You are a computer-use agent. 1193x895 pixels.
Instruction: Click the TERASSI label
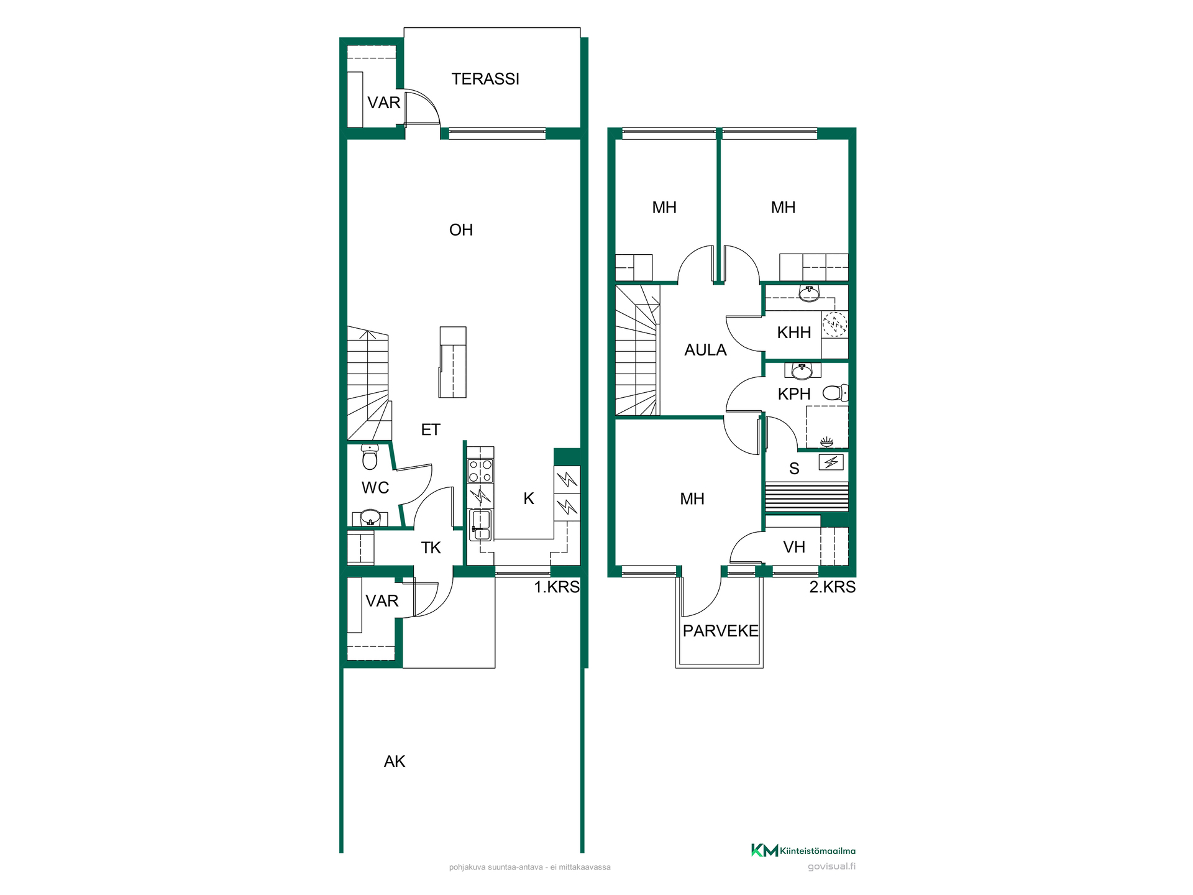485,79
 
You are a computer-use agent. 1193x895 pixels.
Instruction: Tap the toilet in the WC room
370,457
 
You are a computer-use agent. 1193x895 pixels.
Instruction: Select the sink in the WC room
370,517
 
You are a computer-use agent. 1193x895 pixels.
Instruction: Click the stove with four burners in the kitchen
480,470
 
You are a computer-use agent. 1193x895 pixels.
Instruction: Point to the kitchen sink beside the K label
480,525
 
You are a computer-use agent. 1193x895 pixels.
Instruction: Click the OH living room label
461,230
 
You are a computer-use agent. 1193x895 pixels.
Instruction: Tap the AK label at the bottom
395,761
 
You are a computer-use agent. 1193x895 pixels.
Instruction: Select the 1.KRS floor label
557,587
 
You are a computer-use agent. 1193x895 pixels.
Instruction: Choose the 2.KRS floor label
833,587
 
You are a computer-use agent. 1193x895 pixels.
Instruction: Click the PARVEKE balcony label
721,631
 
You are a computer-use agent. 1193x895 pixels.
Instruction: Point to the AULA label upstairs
705,350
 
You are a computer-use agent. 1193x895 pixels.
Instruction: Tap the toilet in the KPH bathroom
835,393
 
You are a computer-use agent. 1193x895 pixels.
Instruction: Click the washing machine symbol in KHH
834,324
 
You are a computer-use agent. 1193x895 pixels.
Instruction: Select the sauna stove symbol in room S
831,462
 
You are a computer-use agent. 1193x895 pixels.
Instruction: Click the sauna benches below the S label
807,496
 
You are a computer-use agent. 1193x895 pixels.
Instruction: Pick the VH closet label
794,547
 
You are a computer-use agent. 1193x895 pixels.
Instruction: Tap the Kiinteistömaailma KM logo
803,850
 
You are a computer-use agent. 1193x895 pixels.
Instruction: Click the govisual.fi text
831,866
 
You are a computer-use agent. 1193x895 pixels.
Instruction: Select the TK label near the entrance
431,548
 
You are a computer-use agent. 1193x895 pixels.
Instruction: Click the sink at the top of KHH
809,293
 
